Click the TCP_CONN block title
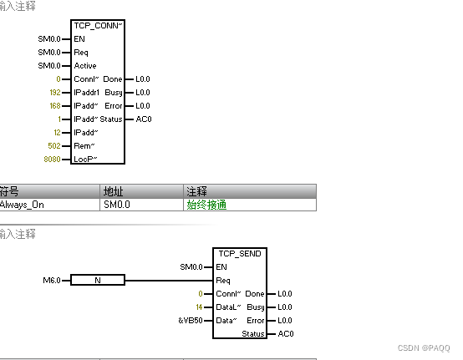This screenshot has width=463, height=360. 98,26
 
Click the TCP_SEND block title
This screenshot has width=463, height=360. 240,253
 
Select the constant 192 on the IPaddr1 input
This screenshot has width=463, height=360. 55,93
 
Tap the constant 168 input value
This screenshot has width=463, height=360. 55,105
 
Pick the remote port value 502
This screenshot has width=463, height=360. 54,146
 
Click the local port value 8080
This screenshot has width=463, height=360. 53,160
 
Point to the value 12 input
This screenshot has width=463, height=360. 58,133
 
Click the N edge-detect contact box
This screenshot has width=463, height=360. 98,280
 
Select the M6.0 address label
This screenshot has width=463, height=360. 52,280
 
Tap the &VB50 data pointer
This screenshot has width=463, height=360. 191,321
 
